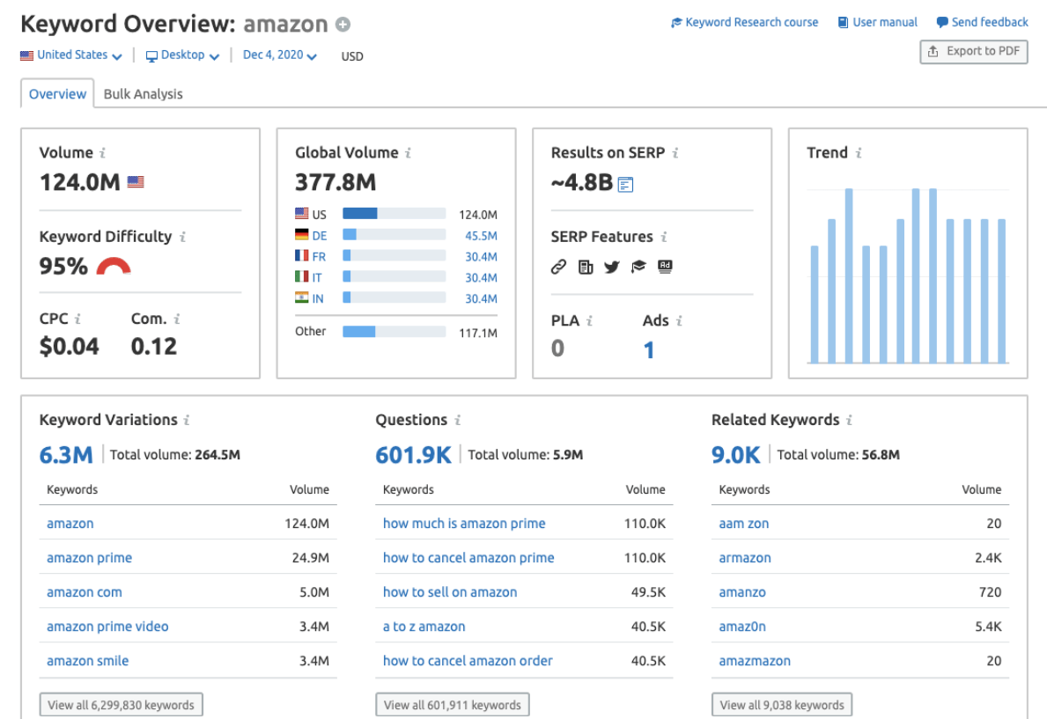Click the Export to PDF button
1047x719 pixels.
[973, 52]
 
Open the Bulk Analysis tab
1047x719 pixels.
[143, 94]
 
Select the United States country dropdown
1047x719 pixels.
[71, 55]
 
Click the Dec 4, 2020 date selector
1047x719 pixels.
[279, 55]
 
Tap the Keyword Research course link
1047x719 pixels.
[745, 23]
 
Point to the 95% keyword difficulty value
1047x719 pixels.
[63, 266]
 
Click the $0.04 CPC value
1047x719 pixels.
[69, 346]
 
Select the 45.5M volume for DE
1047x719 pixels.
[481, 236]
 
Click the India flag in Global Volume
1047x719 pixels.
[302, 298]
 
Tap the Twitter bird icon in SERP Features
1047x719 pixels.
[612, 267]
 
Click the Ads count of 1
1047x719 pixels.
[649, 350]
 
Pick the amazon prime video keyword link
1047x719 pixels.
[107, 627]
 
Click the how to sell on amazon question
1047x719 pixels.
[450, 592]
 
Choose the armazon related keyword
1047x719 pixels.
[745, 558]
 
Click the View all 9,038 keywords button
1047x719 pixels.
[782, 705]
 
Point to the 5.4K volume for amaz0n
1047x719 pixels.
[989, 627]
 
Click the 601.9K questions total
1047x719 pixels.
[413, 454]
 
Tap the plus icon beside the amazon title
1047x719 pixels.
[343, 25]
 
